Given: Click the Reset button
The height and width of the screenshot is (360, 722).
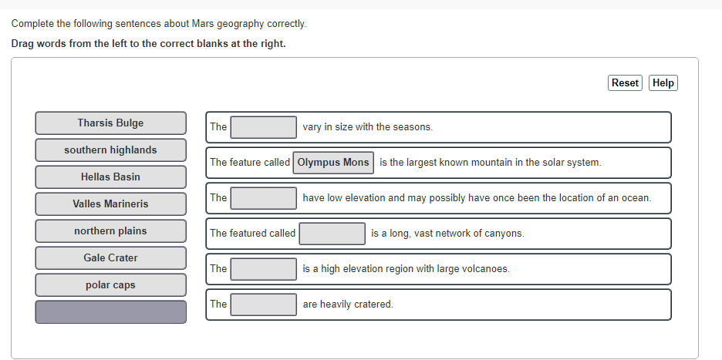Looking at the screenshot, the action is [x=625, y=83].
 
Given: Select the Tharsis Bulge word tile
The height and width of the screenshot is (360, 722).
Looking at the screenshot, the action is [x=110, y=123].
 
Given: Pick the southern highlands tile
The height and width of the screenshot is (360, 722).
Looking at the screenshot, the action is [x=110, y=150].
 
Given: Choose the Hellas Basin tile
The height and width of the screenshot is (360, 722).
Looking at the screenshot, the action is [x=110, y=177].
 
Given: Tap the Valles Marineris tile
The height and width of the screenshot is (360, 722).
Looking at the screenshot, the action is [x=110, y=204].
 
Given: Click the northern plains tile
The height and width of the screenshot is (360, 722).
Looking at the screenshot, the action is [x=110, y=231].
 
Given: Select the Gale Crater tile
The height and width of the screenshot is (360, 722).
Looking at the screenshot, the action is [x=110, y=258].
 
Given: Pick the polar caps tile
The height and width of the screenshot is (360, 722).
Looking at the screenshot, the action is [x=110, y=285].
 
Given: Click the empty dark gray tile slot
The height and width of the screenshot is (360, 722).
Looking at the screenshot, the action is [x=110, y=312].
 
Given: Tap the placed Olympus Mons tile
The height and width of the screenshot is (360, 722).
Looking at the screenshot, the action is [x=333, y=163].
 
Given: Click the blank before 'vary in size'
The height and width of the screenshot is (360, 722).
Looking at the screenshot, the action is [x=264, y=127].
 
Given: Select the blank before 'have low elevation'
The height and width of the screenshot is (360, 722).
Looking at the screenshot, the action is [x=264, y=198].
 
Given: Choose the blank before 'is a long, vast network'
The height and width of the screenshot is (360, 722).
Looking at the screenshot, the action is [x=332, y=234].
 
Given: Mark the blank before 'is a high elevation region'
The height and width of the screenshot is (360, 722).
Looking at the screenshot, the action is [x=264, y=269].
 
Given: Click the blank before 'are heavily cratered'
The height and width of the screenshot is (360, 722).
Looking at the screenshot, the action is [x=264, y=304].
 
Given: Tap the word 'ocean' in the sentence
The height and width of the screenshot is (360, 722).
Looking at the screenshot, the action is [x=636, y=198].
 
